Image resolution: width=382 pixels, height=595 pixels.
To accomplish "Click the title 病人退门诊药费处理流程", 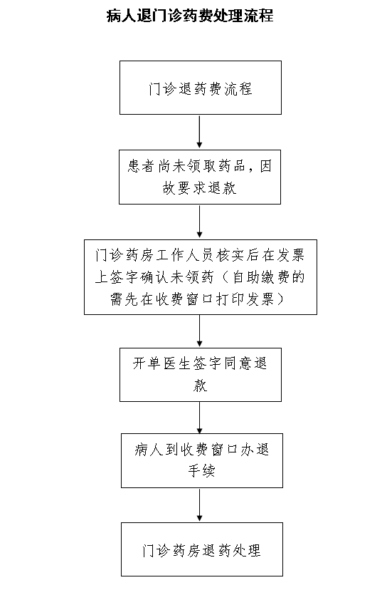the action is (x=190, y=16).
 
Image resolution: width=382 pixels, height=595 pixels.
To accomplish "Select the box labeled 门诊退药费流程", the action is (x=201, y=88).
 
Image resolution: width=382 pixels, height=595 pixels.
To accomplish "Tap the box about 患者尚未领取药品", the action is (x=200, y=177).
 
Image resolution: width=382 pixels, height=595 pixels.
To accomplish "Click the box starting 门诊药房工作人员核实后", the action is (x=201, y=277).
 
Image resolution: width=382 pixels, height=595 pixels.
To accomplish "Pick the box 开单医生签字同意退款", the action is (x=201, y=375).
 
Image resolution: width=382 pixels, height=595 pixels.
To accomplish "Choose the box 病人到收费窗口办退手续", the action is (x=202, y=460).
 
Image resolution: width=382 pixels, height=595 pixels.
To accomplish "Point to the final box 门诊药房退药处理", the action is (x=202, y=549).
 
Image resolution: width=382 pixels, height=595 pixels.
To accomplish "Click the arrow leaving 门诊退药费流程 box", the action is (x=200, y=132).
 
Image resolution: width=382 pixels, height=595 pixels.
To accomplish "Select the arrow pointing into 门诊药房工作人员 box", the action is (x=200, y=222).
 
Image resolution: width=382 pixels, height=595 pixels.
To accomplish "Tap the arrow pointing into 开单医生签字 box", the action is (x=200, y=331).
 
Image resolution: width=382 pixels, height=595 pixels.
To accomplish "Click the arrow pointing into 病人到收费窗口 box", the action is (x=200, y=418).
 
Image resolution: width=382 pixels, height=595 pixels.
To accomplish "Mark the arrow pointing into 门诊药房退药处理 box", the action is (x=200, y=505).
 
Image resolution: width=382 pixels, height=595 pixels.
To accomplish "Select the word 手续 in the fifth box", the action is (x=201, y=471).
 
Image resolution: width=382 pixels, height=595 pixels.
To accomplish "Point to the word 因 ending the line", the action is (x=265, y=166).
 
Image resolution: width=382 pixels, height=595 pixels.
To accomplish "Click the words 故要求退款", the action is (x=200, y=188).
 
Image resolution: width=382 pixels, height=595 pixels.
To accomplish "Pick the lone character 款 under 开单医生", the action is (x=200, y=386).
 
